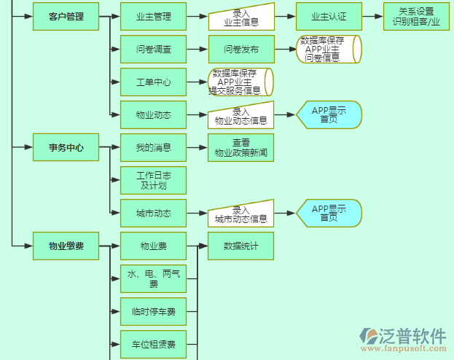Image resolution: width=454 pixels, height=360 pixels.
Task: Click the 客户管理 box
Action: [x=66, y=16]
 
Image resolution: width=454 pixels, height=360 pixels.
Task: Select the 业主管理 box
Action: [x=153, y=16]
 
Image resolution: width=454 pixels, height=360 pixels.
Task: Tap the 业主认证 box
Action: [x=329, y=16]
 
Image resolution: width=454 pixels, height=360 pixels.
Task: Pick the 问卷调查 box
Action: [x=153, y=49]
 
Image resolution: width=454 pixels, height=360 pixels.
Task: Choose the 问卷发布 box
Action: [x=240, y=49]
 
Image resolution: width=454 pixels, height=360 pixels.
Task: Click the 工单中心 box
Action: [x=153, y=82]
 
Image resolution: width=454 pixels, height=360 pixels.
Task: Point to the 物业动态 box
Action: [x=153, y=114]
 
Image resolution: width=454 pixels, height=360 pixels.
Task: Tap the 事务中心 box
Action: [x=66, y=147]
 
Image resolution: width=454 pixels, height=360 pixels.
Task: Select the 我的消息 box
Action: [x=153, y=147]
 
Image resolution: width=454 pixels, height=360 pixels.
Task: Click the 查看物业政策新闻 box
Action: [x=240, y=147]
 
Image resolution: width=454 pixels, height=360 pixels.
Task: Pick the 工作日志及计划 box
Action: [x=153, y=180]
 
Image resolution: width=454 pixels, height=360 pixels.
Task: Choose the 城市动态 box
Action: [x=153, y=213]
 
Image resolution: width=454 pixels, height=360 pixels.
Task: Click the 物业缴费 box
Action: [x=66, y=246]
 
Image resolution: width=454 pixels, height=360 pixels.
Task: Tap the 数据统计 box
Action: [x=240, y=246]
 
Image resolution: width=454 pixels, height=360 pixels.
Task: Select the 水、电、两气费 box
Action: [x=153, y=278]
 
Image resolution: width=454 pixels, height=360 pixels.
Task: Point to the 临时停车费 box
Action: [x=153, y=311]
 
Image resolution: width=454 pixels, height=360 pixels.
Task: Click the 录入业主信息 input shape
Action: [x=240, y=17]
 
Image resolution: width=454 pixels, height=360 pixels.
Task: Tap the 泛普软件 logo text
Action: [x=412, y=336]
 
